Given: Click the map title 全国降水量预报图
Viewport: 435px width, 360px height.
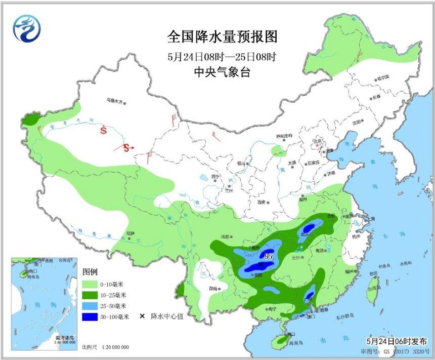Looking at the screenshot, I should click(222, 37).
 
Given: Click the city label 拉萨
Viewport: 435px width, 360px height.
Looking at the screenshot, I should click(130, 233).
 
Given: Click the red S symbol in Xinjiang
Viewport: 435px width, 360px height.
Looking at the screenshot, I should click(104, 131).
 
